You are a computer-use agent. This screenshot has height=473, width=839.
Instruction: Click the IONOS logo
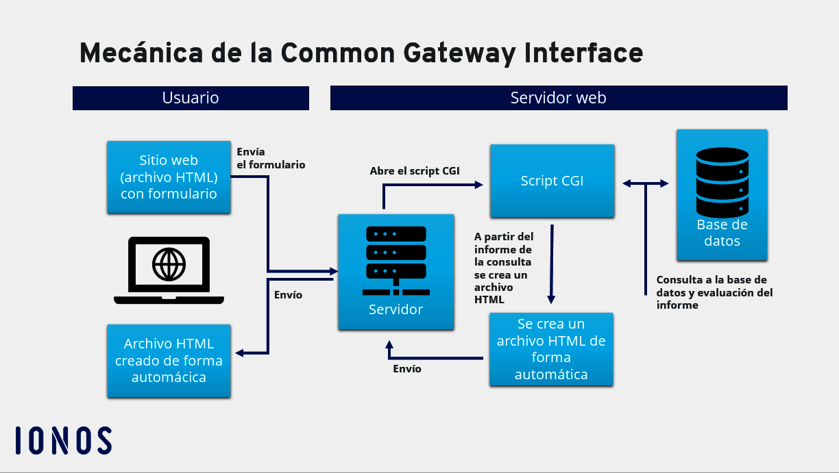tap(64, 440)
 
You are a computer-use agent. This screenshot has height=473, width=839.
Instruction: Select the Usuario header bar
tap(191, 98)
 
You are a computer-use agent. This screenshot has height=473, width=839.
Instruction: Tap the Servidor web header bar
tap(558, 98)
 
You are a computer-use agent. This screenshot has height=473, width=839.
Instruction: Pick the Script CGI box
tap(552, 181)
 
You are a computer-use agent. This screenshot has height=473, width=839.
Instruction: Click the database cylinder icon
tap(722, 181)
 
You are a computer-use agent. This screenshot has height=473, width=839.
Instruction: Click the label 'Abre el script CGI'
tap(415, 171)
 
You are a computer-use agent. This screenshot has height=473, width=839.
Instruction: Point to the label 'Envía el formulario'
tap(271, 158)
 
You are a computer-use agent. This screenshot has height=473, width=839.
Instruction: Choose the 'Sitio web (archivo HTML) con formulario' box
tap(169, 177)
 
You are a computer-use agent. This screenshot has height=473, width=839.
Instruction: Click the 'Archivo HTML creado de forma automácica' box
tap(169, 361)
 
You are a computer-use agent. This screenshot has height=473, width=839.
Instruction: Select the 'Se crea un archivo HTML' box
tap(551, 349)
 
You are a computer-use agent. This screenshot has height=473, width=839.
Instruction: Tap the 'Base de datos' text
tap(722, 233)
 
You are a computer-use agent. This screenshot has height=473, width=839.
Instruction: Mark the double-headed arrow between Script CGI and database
tap(645, 183)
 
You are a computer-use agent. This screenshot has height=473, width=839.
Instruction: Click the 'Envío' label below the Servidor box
tap(407, 369)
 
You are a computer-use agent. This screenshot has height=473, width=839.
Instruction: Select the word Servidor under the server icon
tap(396, 309)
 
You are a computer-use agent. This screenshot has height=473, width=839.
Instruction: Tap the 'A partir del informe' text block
tap(503, 268)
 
